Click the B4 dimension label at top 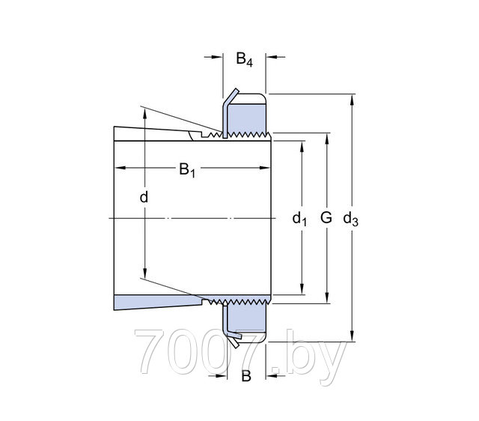click(245, 59)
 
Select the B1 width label click(187, 170)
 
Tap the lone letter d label click(144, 197)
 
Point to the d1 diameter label click(299, 219)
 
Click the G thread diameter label click(326, 218)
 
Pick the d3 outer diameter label click(350, 219)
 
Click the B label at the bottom click(246, 376)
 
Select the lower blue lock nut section click(247, 318)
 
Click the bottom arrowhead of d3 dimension click(353, 336)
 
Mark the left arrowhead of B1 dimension click(120, 168)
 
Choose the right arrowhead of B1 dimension click(264, 168)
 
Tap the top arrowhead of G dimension click(327, 139)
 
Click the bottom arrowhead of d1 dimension click(302, 289)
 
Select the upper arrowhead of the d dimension click(144, 115)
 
